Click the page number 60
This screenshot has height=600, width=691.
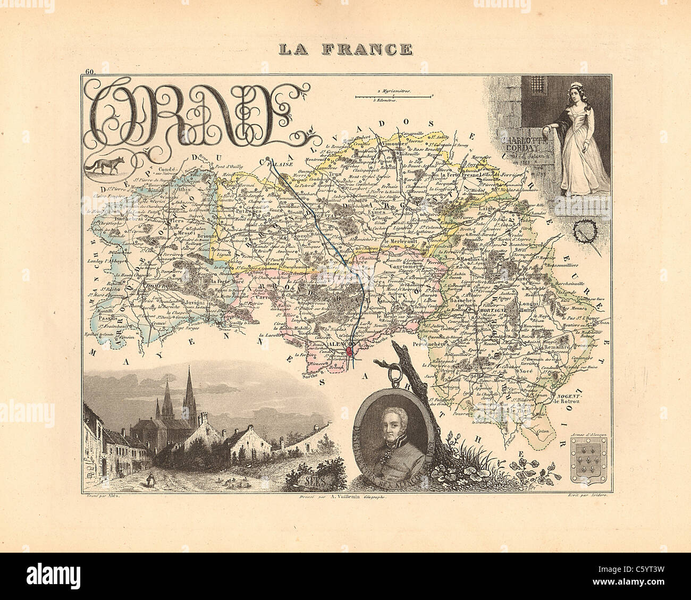click(88, 72)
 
